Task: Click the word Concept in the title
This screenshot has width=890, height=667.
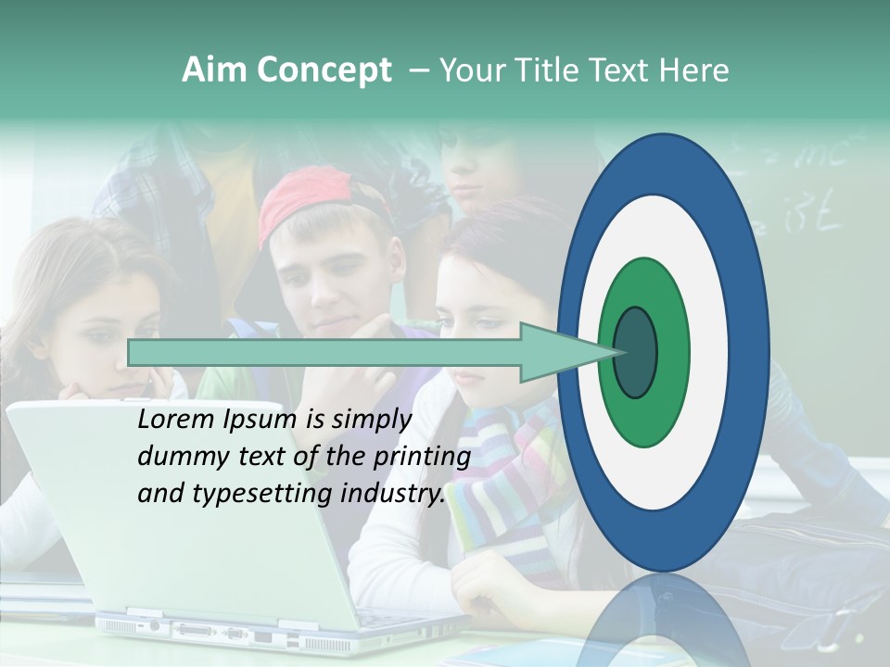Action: [324, 71]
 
